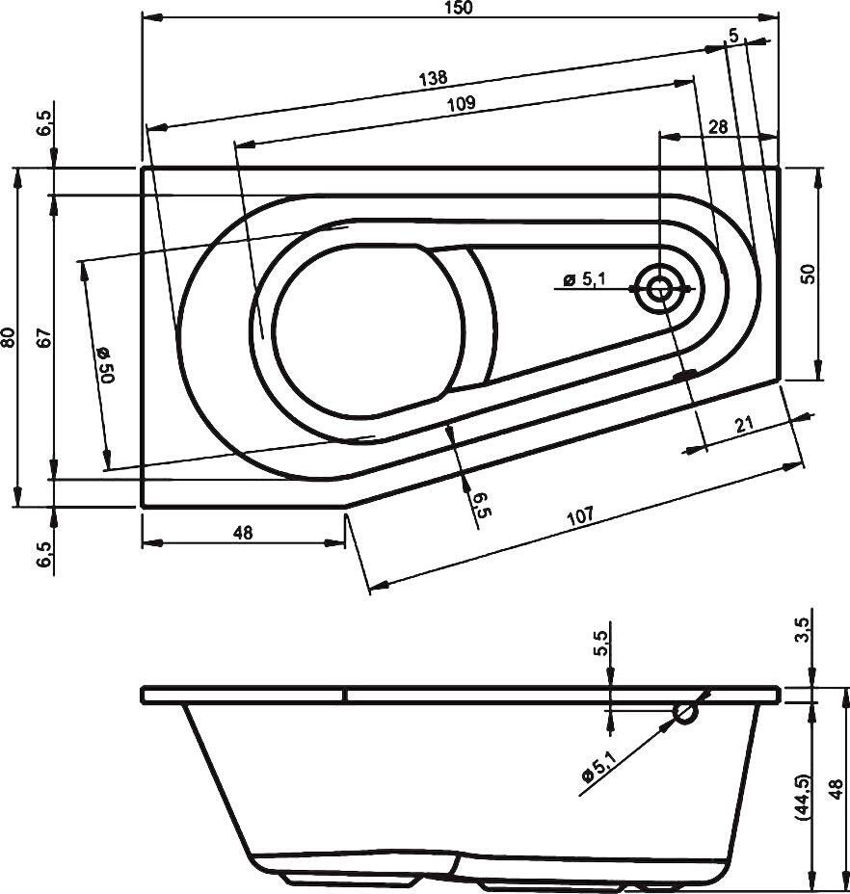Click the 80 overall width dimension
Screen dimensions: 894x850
9,337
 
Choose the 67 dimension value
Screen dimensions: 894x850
42,337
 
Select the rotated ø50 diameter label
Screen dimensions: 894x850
103,365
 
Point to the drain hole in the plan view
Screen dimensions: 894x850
660,288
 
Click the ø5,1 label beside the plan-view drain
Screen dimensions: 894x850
584,279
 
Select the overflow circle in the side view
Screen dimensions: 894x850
685,713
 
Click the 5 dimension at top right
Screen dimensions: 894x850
734,36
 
